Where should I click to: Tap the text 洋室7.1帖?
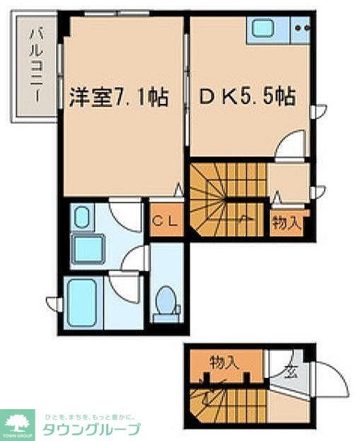point(118,97)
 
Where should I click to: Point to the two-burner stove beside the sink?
point(302,30)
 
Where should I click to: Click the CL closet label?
point(166,219)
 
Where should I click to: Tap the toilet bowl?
point(166,300)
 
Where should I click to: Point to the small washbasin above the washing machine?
point(81,217)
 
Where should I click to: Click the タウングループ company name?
point(91,430)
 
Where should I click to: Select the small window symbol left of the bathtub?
point(52,304)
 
